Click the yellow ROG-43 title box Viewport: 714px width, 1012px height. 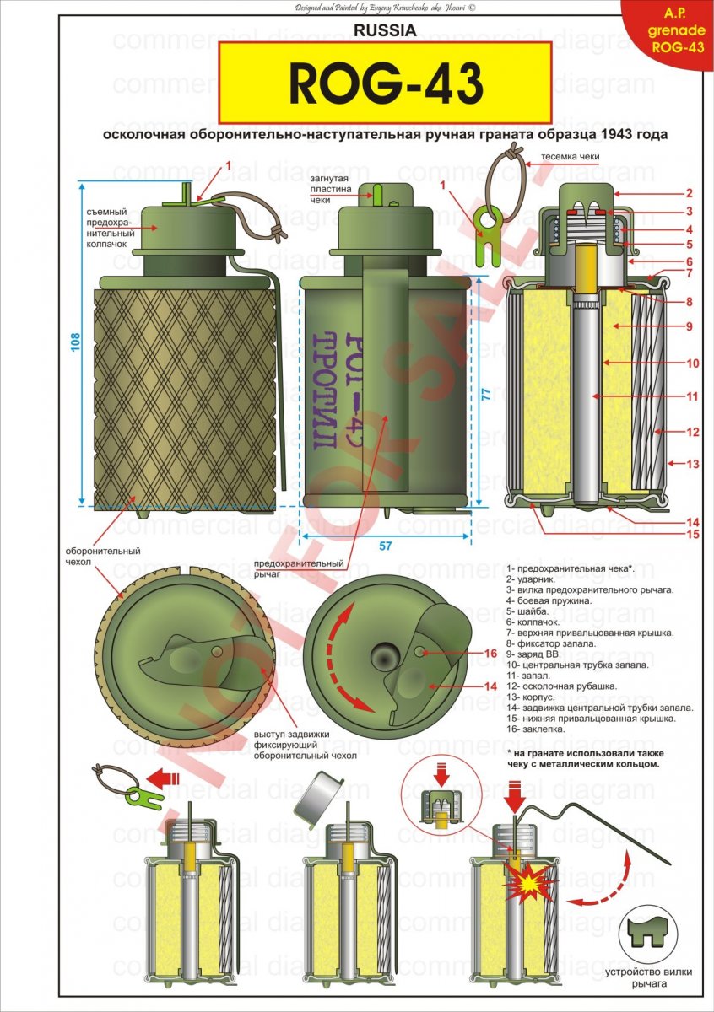click(386, 83)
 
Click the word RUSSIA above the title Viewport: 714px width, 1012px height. click(386, 30)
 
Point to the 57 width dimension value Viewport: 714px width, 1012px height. click(385, 546)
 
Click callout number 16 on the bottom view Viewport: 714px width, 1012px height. click(490, 654)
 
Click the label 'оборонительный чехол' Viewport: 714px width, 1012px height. click(102, 557)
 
